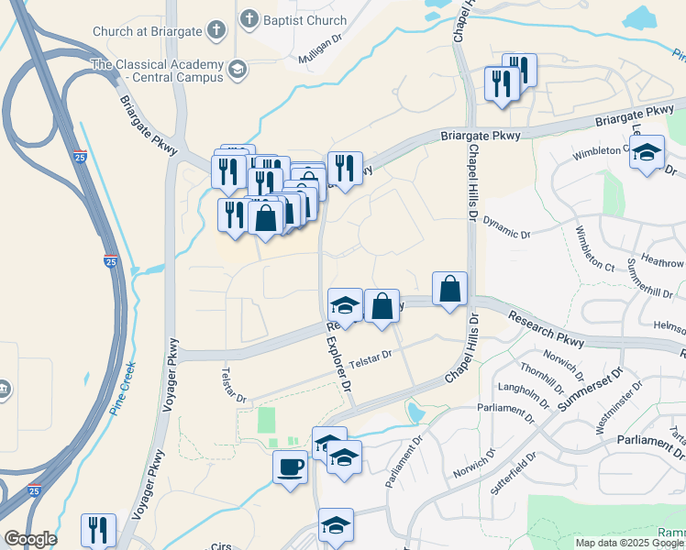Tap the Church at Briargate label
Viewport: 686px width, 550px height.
click(145, 31)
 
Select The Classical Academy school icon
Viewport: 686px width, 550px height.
click(238, 69)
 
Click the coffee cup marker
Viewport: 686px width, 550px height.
click(291, 467)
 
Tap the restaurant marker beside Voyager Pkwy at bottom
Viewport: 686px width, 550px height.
click(98, 530)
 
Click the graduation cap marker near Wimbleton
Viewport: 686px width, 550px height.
click(647, 152)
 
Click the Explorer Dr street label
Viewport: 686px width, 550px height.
click(339, 363)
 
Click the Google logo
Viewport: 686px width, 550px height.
click(30, 539)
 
